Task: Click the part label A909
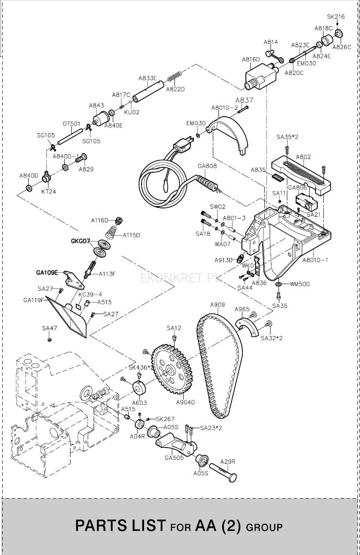(x=218, y=305)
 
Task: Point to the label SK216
(x=336, y=17)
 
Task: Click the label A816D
(x=251, y=59)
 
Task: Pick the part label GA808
(x=207, y=166)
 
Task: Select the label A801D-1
(x=315, y=260)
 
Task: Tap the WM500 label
(x=300, y=284)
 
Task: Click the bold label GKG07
(x=81, y=241)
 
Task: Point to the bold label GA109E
(x=47, y=273)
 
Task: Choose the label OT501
(x=71, y=124)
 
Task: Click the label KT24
(x=48, y=192)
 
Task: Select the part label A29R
(x=228, y=462)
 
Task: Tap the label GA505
(x=174, y=458)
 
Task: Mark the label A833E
(x=148, y=78)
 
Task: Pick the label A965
(x=242, y=309)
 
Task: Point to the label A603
(x=139, y=403)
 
